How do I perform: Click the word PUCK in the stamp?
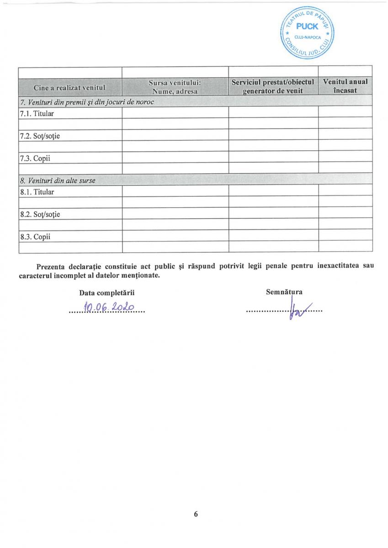pos(307,26)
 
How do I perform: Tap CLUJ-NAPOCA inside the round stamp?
pos(307,37)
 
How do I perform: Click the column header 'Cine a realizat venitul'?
pos(69,87)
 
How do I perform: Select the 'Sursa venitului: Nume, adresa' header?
pos(175,86)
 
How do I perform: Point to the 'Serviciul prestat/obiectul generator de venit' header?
pos(273,86)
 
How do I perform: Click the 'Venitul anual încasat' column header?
pos(345,86)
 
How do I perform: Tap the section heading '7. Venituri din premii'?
pos(87,102)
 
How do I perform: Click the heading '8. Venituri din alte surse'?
pos(58,180)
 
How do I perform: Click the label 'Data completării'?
pos(107,292)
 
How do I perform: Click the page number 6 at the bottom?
pos(196,514)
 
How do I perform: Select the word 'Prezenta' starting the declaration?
pos(50,266)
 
